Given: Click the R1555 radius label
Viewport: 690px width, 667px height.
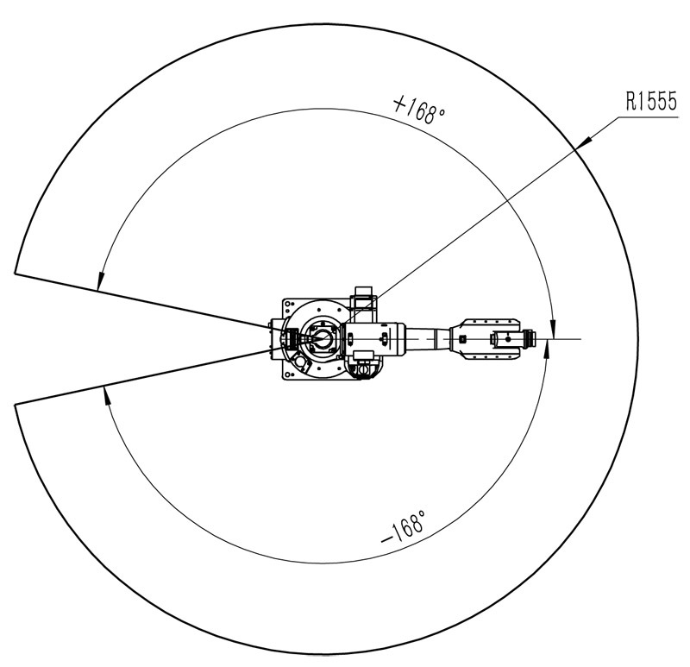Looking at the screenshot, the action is pos(651,101).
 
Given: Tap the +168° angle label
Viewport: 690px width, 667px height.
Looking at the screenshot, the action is pos(419,110).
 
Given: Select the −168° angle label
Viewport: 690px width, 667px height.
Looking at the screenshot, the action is pos(404,527).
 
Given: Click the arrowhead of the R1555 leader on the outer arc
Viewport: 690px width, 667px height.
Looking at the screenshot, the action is pos(581,143).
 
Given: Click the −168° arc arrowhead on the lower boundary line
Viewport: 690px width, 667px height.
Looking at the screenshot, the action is pos(105,395).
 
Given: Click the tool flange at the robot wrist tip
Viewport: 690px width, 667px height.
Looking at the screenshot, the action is pos(530,338).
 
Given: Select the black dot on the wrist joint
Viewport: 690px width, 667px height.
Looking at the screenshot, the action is pos(508,339).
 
